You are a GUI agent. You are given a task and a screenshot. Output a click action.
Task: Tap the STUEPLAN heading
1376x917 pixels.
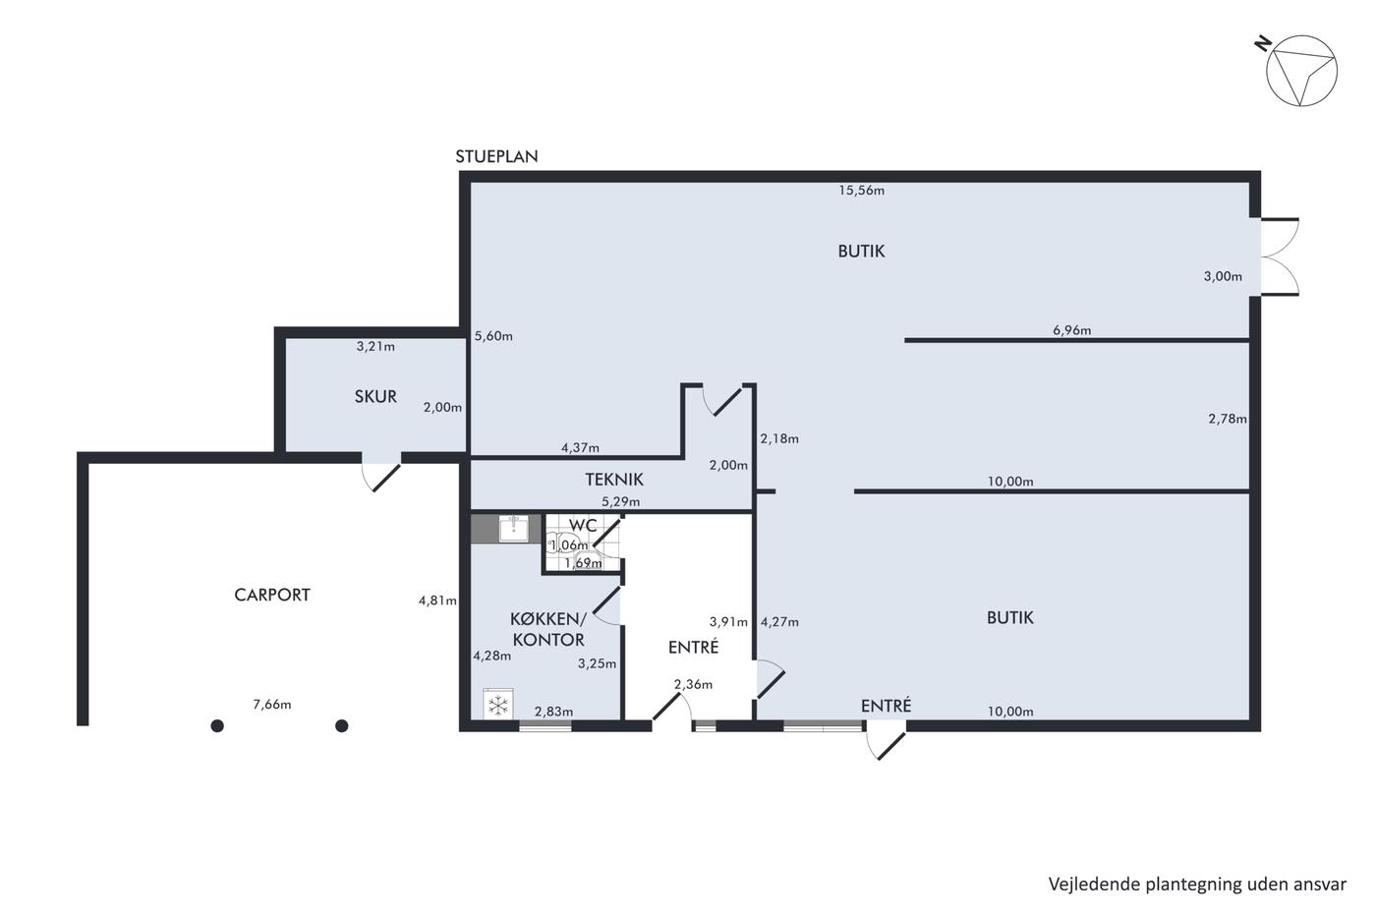[x=496, y=156]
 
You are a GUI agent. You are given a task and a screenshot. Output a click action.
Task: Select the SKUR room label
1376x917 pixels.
[x=375, y=397]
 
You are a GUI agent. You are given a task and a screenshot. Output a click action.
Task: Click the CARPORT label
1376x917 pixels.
[x=272, y=595]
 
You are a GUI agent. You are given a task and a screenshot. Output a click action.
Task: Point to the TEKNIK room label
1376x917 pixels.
[x=614, y=479]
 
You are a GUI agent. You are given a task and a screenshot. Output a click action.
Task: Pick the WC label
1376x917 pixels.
[x=583, y=525]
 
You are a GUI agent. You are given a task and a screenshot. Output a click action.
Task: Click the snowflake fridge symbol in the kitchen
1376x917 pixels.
[x=498, y=705]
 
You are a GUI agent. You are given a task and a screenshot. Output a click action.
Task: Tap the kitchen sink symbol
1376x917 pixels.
[x=513, y=529]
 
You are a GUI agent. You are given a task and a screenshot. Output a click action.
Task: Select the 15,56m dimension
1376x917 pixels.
[x=861, y=191]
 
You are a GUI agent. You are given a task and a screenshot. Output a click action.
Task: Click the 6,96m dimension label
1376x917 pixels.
[x=1072, y=330]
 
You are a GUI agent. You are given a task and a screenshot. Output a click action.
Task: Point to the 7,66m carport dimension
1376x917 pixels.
[x=272, y=705]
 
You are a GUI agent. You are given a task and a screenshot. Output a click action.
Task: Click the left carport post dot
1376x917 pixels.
[x=217, y=726]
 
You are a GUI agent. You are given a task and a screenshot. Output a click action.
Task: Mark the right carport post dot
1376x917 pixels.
[x=342, y=726]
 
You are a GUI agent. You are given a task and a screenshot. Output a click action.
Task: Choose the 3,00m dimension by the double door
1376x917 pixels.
[x=1223, y=276]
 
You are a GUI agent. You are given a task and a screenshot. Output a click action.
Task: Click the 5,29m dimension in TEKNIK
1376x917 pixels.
[x=620, y=502]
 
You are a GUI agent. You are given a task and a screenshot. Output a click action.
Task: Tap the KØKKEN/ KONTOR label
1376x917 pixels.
[x=548, y=629]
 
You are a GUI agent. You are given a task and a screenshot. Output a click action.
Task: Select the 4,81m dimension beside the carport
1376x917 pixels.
[x=437, y=601]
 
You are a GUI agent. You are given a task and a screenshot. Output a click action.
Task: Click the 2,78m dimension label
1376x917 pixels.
[x=1228, y=419]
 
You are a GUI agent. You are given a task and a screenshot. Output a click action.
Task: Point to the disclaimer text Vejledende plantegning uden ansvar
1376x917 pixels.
[x=1197, y=885]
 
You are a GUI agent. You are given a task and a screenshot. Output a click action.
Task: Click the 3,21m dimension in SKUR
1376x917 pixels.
[x=375, y=346]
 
